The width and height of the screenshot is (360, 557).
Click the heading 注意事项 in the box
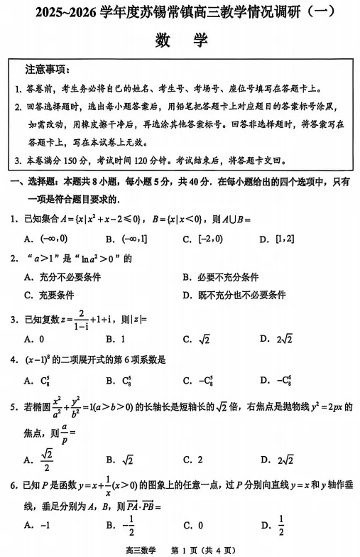tap(47, 70)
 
